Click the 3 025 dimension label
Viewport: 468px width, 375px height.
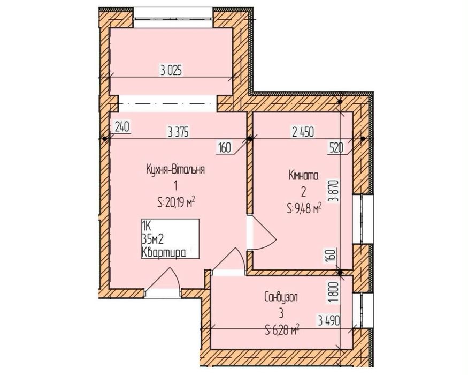pyautogui.click(x=171, y=71)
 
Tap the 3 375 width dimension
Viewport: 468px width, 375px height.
pyautogui.click(x=179, y=132)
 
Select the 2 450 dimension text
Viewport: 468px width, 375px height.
pyautogui.click(x=303, y=132)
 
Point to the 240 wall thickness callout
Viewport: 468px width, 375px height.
pyautogui.click(x=122, y=127)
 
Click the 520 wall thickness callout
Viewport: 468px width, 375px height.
pyautogui.click(x=336, y=148)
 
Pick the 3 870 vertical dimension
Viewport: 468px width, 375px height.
pyautogui.click(x=335, y=191)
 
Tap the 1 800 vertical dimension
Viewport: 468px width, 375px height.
pyautogui.click(x=335, y=293)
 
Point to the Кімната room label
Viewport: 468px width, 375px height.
pyautogui.click(x=304, y=176)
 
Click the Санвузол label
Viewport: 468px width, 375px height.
pyautogui.click(x=281, y=297)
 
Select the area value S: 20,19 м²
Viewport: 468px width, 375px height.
pyautogui.click(x=176, y=203)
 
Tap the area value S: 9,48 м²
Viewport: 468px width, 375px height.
pyautogui.click(x=304, y=209)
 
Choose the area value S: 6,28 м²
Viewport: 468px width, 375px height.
pyautogui.click(x=282, y=331)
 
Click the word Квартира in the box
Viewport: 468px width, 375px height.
pyautogui.click(x=164, y=253)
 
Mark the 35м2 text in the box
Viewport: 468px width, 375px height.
pyautogui.click(x=153, y=239)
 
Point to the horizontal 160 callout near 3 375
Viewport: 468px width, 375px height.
pyautogui.click(x=225, y=148)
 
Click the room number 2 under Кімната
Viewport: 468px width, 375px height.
pyautogui.click(x=304, y=192)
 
